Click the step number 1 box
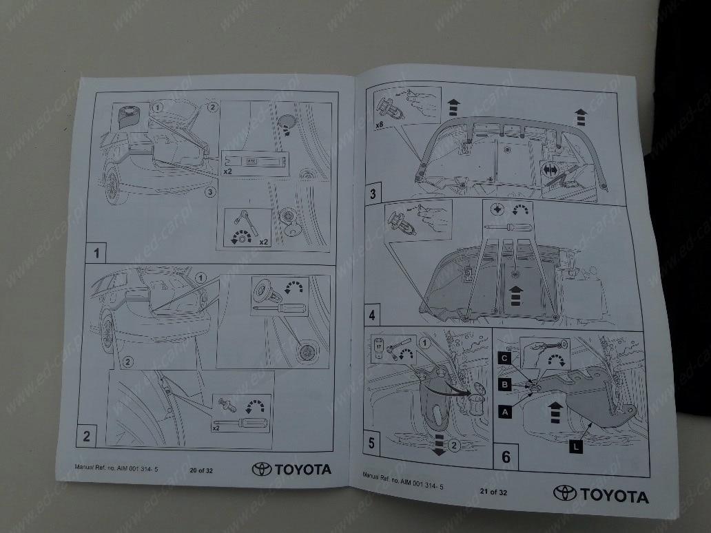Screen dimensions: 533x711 pyautogui.click(x=96, y=253)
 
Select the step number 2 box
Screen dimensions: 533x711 pyautogui.click(x=87, y=435)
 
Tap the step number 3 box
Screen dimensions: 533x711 pyautogui.click(x=373, y=193)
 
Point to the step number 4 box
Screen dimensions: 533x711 pyautogui.click(x=373, y=315)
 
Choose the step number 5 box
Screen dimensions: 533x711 pyautogui.click(x=372, y=443)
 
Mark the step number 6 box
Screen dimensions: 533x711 pyautogui.click(x=506, y=456)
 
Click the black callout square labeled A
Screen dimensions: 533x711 pyautogui.click(x=506, y=411)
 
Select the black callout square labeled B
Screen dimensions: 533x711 pyautogui.click(x=505, y=385)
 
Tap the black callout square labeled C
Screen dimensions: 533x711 pyautogui.click(x=505, y=358)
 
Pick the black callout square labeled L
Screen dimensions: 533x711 pyautogui.click(x=576, y=447)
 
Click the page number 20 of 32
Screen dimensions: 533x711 pyautogui.click(x=202, y=470)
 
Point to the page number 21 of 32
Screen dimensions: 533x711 pyautogui.click(x=493, y=492)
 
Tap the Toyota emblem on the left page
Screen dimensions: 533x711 pyautogui.click(x=262, y=469)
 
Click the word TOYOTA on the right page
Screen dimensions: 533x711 pyautogui.click(x=614, y=496)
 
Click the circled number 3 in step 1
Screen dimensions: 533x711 pyautogui.click(x=210, y=193)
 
